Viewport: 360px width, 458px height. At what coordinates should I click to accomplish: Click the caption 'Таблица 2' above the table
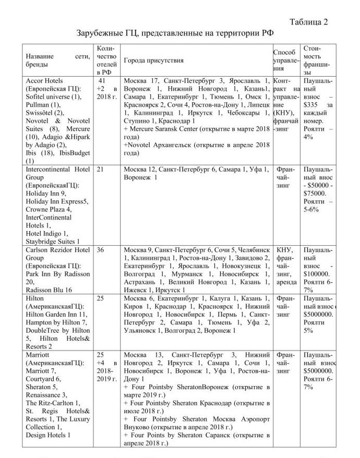pos(308,22)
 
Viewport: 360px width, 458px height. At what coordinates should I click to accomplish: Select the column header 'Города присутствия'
pos(153,61)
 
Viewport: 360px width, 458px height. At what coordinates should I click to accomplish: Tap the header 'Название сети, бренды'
pos(58,60)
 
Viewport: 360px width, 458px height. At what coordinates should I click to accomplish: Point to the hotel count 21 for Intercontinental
pos(100,170)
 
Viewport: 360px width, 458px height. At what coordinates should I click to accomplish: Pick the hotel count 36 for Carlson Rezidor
pos(100,250)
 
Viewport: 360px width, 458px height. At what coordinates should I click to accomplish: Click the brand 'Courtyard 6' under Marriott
pos(44,379)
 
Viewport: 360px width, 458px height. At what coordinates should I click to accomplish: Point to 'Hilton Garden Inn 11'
pos(57,315)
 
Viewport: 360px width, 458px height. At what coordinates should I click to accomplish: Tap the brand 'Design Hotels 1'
pos(49,435)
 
